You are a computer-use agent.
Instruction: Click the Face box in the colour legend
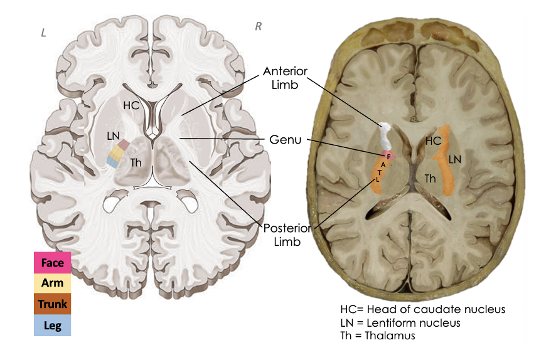point(52,263)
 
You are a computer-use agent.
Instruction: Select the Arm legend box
point(52,283)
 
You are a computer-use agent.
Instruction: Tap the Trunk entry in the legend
point(52,304)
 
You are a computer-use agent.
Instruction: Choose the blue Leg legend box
point(52,325)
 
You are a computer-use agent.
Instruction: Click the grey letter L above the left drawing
point(43,32)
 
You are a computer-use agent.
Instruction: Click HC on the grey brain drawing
point(131,105)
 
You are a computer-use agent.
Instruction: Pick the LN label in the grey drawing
point(114,135)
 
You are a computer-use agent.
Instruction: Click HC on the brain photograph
point(433,142)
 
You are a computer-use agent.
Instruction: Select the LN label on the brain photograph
point(455,160)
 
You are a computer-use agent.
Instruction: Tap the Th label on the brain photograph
point(430,179)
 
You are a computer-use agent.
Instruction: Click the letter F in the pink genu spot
point(388,156)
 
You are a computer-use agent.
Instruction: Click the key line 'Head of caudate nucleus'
point(422,310)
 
